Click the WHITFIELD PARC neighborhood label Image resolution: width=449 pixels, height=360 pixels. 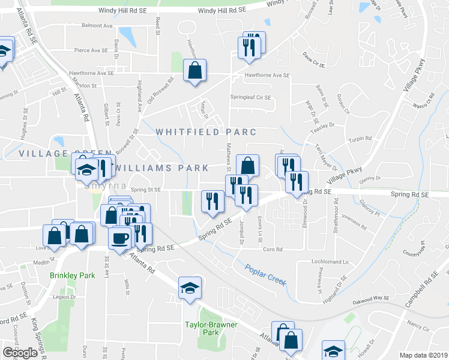point(206,132)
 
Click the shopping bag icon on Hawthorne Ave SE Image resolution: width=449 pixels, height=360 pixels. point(195,71)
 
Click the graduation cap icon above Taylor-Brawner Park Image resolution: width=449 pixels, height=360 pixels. point(190,288)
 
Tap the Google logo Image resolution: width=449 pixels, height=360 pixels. point(20,353)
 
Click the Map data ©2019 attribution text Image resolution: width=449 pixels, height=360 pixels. point(424,355)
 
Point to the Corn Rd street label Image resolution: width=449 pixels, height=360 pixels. point(273,249)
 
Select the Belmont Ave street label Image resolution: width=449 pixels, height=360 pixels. point(97,26)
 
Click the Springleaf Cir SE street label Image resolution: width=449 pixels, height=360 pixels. point(250,97)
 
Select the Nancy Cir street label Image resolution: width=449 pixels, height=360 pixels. point(418,329)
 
